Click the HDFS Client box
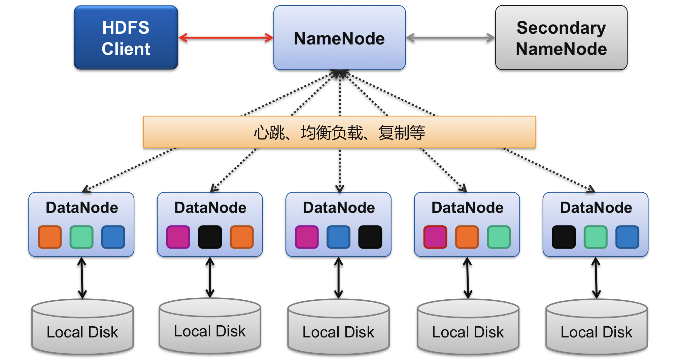coord(126,37)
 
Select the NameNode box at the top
coord(339,37)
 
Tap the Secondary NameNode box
coord(561,37)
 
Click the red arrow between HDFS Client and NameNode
coord(226,37)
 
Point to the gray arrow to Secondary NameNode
coord(450,38)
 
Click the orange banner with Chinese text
coord(339,132)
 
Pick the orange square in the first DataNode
coord(50,237)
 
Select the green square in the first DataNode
coord(81,237)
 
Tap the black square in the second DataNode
coord(210,237)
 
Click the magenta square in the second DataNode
coord(178,237)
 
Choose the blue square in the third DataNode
coord(339,237)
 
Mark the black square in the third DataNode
coord(370,237)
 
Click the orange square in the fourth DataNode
coord(467,237)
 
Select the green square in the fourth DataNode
coord(499,237)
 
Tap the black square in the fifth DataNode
coord(564,237)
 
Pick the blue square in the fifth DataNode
coord(628,237)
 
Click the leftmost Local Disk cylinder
coord(82,327)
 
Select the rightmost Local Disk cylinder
coord(597,327)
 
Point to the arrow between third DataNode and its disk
coord(339,278)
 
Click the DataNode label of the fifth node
coord(596,207)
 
